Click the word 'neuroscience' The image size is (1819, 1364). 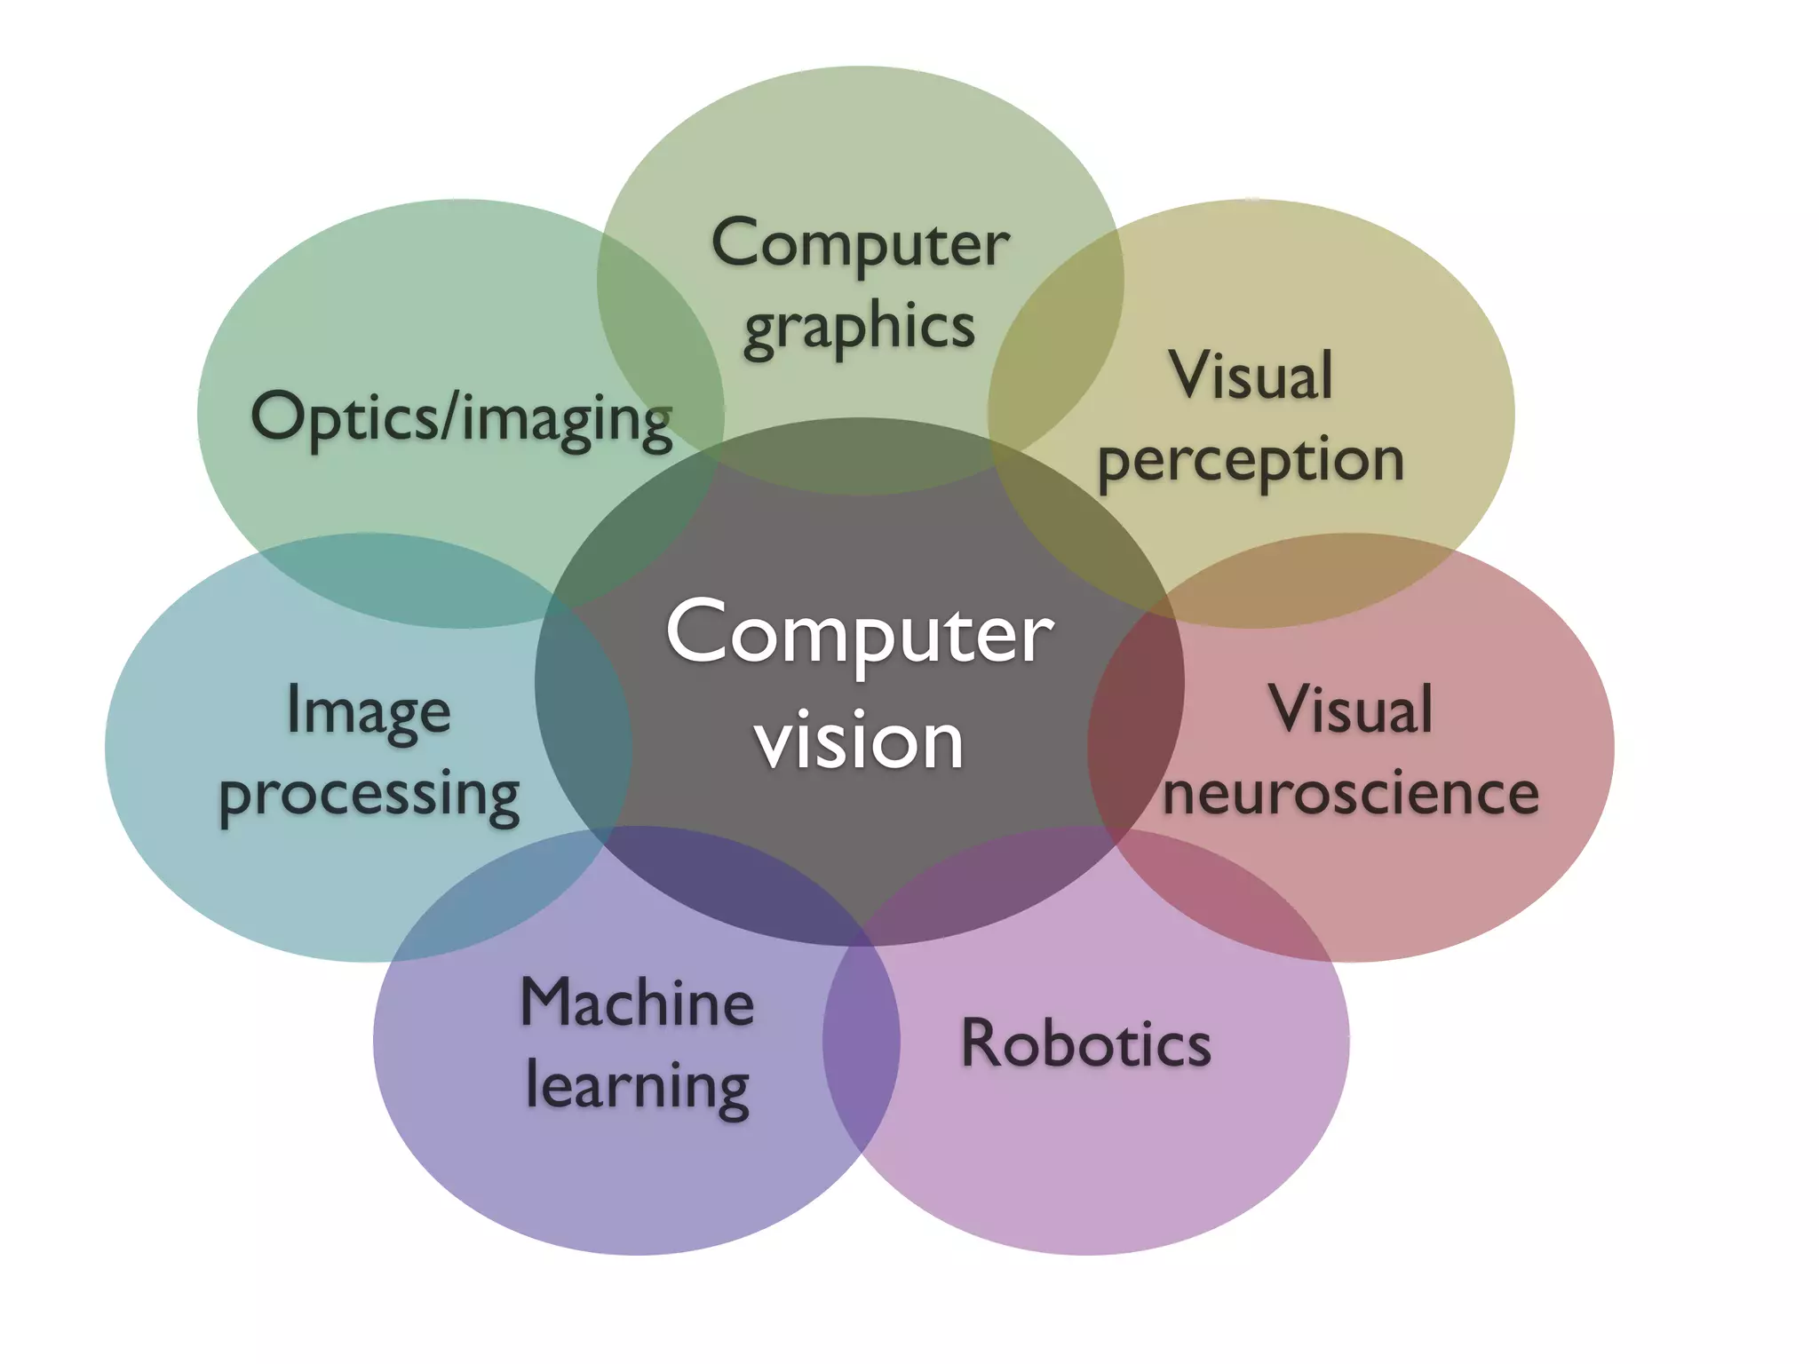[1351, 793]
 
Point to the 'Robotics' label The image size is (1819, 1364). [1085, 1043]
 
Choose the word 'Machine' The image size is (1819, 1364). [637, 1003]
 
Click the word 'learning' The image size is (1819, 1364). [638, 1086]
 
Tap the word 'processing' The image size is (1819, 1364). [369, 795]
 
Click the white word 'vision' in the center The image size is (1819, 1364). [859, 741]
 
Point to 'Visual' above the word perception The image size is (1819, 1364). [1251, 376]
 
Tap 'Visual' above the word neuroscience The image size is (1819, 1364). [1351, 710]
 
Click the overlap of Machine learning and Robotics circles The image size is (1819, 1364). [861, 1048]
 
